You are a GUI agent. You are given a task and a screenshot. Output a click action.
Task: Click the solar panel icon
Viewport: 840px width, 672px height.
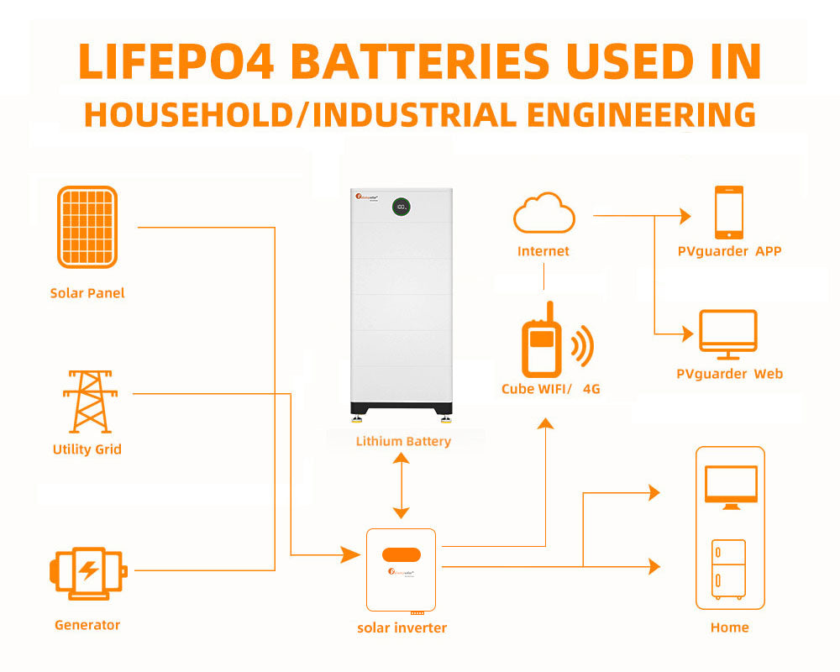(x=87, y=227)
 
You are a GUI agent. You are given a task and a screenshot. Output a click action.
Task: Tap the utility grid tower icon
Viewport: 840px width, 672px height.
(x=87, y=402)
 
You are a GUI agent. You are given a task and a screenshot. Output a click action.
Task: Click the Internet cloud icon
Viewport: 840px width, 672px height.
(x=544, y=213)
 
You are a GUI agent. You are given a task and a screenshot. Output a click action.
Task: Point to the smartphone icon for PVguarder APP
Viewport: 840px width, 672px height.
(x=729, y=213)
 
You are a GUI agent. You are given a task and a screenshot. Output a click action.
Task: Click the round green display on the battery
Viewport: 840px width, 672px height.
(x=402, y=206)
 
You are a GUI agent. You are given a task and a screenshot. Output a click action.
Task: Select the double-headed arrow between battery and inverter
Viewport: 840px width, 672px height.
(x=402, y=486)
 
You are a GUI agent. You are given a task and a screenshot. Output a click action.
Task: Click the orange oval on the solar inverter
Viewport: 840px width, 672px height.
(x=401, y=555)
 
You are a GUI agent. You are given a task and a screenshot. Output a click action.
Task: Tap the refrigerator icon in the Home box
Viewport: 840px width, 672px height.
(x=728, y=569)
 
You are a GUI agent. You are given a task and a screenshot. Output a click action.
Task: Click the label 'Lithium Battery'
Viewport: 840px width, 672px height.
(x=403, y=441)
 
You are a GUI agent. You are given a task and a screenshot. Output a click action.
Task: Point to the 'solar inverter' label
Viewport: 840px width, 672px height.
(x=402, y=627)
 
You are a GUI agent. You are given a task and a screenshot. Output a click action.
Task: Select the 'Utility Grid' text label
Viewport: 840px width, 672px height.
(x=87, y=449)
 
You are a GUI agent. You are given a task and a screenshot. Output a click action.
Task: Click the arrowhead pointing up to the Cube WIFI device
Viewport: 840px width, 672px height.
(x=546, y=423)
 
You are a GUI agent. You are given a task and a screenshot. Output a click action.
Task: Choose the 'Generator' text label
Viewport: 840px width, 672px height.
(x=87, y=625)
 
